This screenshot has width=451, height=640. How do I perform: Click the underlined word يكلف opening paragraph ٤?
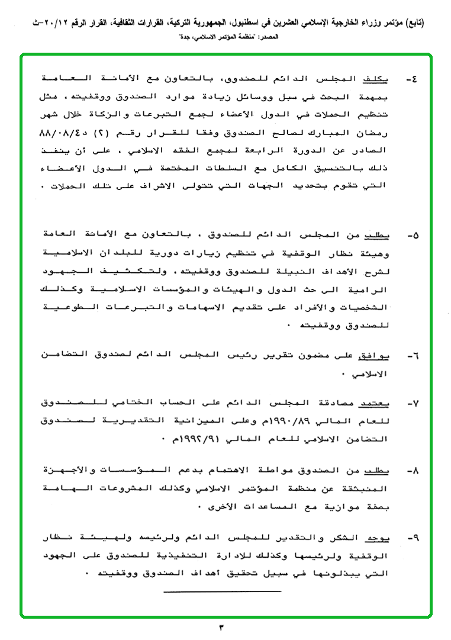coord(376,79)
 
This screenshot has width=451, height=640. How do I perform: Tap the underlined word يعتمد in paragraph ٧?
coord(373,403)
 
